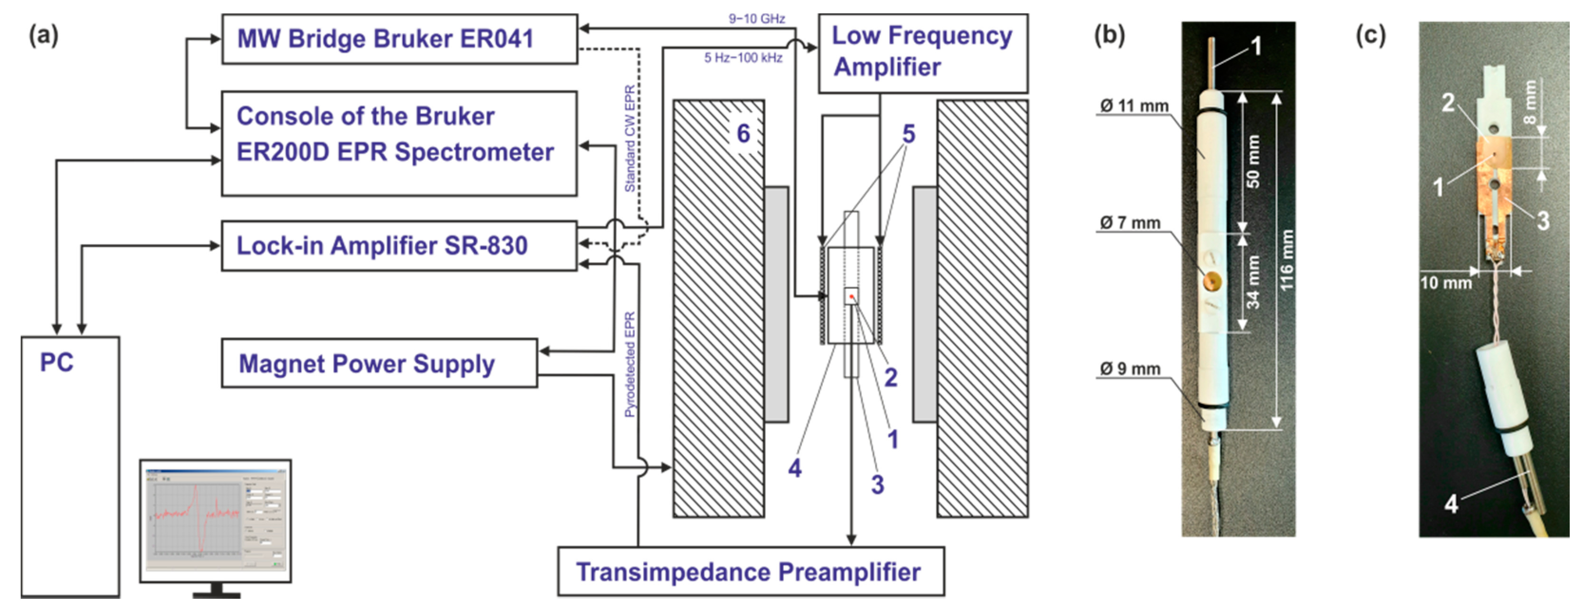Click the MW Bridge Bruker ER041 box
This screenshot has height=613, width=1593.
pyautogui.click(x=400, y=39)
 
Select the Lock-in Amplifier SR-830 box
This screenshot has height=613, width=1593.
pyautogui.click(x=400, y=246)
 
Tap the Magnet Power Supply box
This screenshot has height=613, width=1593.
pyautogui.click(x=379, y=363)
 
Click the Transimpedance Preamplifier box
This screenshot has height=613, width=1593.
pyautogui.click(x=750, y=572)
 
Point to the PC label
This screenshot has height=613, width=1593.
pyautogui.click(x=57, y=362)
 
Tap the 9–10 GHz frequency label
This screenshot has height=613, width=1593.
pyautogui.click(x=756, y=19)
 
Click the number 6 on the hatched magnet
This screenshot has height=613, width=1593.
pyautogui.click(x=743, y=133)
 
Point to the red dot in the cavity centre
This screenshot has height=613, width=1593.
pyautogui.click(x=851, y=297)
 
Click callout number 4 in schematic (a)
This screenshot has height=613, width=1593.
pyautogui.click(x=795, y=468)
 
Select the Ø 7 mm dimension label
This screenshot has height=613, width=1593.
pyautogui.click(x=1130, y=223)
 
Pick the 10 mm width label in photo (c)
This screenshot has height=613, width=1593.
pyautogui.click(x=1446, y=283)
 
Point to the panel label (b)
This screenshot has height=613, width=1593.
pyautogui.click(x=1109, y=35)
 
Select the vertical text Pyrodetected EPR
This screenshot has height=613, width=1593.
pyautogui.click(x=630, y=365)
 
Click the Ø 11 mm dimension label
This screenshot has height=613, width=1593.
pyautogui.click(x=1134, y=106)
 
